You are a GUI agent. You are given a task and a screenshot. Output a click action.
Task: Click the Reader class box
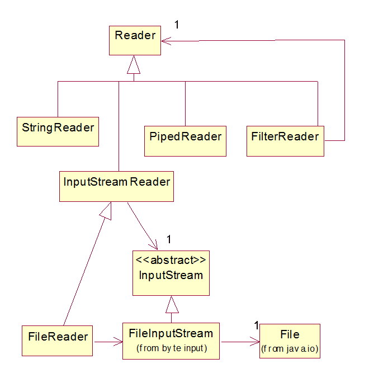(135, 41)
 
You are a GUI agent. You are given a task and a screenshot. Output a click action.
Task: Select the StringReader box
(58, 131)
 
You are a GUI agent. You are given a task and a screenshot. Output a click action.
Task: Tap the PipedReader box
(185, 140)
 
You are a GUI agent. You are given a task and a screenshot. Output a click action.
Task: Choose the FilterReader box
(285, 140)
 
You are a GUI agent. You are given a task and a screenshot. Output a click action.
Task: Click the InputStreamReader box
(116, 186)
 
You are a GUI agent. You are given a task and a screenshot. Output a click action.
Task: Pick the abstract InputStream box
(171, 273)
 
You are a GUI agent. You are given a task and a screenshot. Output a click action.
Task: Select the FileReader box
(57, 340)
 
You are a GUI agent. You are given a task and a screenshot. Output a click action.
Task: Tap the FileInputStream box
(171, 341)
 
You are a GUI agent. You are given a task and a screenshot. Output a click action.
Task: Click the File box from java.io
(290, 341)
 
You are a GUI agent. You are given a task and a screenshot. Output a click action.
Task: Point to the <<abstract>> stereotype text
(171, 260)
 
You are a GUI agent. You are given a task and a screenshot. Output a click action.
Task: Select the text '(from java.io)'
(290, 350)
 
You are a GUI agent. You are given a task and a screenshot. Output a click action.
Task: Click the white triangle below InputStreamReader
(106, 211)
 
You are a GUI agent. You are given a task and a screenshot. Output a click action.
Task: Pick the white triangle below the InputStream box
(172, 305)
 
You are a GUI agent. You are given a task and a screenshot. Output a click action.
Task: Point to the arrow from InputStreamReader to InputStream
(142, 226)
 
